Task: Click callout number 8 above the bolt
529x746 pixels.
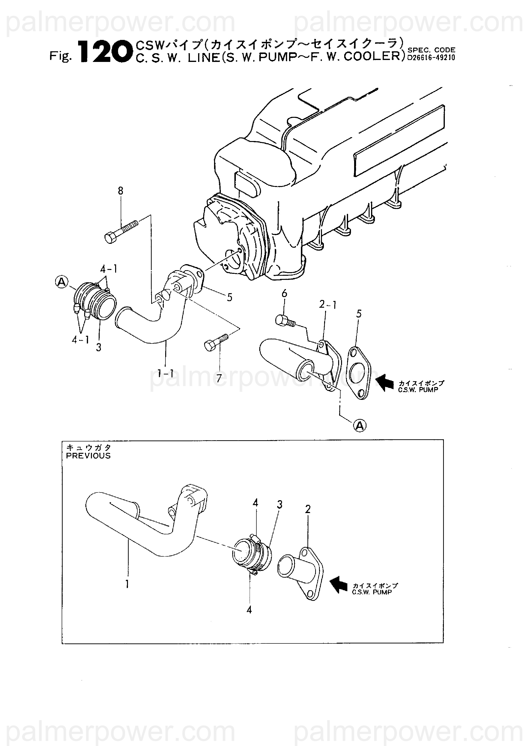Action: pyautogui.click(x=120, y=191)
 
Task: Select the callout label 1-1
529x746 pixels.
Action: pyautogui.click(x=166, y=374)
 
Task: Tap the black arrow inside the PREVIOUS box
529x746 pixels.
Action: pyautogui.click(x=339, y=585)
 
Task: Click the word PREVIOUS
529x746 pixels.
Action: pyautogui.click(x=88, y=456)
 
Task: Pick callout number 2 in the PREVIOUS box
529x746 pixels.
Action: pyautogui.click(x=308, y=509)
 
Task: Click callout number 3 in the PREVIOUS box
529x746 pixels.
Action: pyautogui.click(x=279, y=505)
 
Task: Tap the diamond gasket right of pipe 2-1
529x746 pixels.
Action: pyautogui.click(x=359, y=373)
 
